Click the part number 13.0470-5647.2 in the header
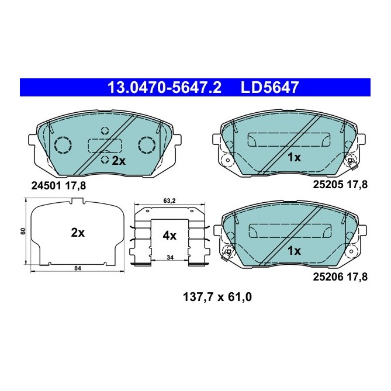point(164,88)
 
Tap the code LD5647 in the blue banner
point(270,88)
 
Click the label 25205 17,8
point(340,185)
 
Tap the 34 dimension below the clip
point(169,258)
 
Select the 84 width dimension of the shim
point(77,269)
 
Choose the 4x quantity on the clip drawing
point(169,236)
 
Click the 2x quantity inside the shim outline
point(78,232)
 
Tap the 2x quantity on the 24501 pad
point(119,160)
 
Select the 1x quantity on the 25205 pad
point(293,157)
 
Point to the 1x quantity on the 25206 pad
point(293,251)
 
